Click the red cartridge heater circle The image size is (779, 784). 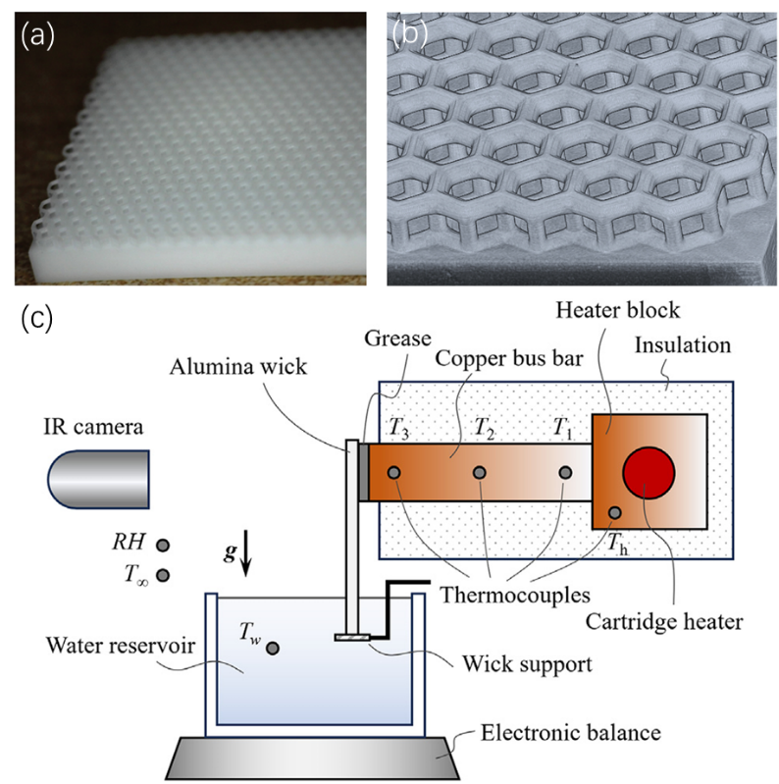648,472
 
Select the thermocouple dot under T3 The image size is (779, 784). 394,473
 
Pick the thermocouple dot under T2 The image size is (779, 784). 480,473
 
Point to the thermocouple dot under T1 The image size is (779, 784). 565,473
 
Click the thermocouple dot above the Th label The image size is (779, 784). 614,512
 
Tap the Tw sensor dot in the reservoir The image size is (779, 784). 272,648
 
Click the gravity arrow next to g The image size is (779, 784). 246,559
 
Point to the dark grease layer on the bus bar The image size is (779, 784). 363,472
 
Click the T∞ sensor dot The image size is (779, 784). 163,575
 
